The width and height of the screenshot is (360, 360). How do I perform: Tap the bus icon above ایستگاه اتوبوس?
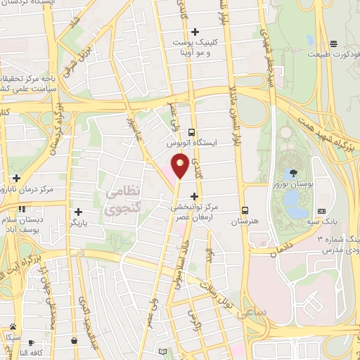191,131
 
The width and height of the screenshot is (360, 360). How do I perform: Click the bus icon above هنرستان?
245,210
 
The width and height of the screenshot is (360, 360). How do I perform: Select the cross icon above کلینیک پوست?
195,32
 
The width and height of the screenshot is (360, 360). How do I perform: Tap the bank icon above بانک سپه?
321,211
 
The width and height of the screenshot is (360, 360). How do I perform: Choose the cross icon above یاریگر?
78,212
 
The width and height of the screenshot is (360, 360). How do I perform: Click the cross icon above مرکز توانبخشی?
194,195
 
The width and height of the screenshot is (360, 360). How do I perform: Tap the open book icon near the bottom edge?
163,352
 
